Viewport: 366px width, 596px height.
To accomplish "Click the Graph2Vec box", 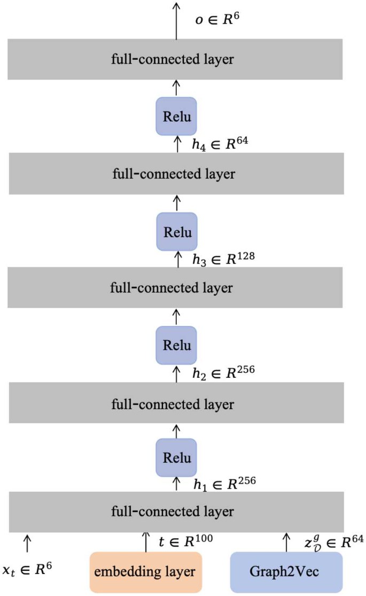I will coord(286,572).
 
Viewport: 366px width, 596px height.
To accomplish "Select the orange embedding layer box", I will coord(145,572).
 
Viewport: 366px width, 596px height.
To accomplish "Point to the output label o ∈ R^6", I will coord(219,22).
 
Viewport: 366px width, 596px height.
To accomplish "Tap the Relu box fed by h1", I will coord(176,458).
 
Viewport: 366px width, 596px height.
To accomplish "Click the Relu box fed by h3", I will coord(176,232).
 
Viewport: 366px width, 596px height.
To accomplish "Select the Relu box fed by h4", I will coord(176,116).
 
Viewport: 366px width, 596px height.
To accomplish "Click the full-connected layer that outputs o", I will coord(175,59).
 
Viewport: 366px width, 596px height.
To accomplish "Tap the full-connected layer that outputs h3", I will coord(175,288).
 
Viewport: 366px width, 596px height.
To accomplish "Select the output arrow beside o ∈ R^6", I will coord(176,20).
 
